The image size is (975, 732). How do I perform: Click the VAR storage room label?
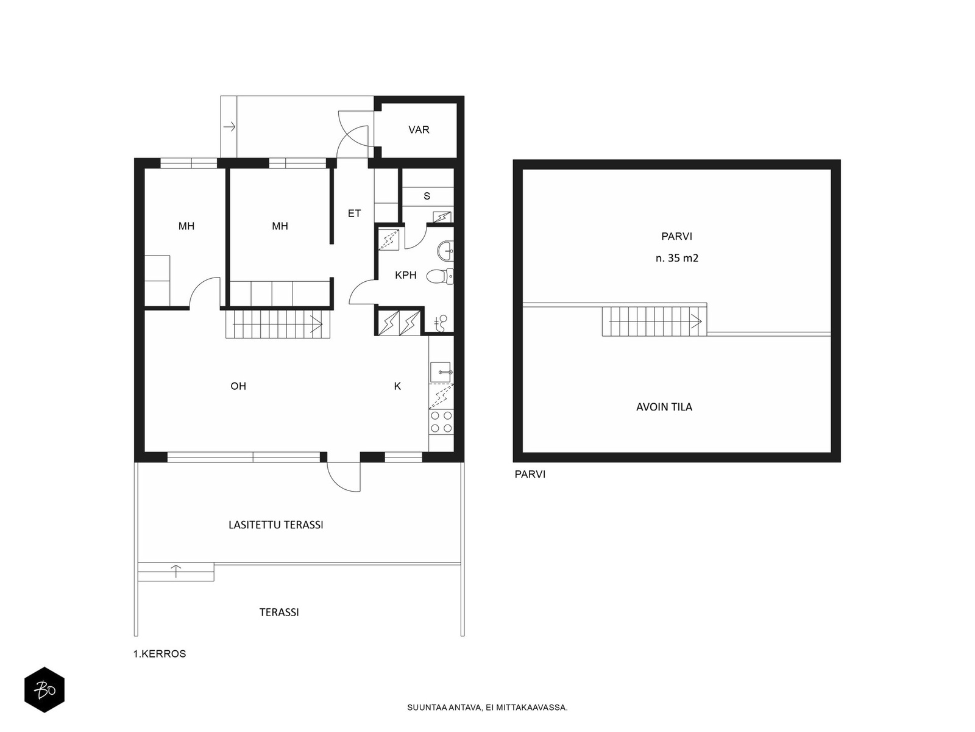(x=419, y=130)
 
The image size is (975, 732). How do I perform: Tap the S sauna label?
(x=427, y=196)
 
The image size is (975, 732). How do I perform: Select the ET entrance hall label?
(x=354, y=213)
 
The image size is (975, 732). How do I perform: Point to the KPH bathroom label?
(x=406, y=275)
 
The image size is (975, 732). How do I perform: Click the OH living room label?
(x=238, y=386)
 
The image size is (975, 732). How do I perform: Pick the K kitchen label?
(x=397, y=386)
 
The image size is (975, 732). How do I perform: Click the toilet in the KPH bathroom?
(x=440, y=276)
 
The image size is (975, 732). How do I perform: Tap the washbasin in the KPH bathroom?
(x=445, y=251)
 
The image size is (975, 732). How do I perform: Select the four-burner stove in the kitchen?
(x=442, y=422)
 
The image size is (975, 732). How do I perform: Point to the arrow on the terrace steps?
(x=176, y=571)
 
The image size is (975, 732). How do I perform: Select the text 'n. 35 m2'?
(x=677, y=258)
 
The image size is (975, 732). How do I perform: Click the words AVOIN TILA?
(x=664, y=407)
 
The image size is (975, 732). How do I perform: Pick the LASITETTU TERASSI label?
(x=276, y=525)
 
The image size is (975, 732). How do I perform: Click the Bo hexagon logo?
(x=44, y=690)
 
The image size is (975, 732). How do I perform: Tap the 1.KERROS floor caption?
(x=160, y=654)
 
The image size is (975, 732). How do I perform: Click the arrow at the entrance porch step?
(x=229, y=127)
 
